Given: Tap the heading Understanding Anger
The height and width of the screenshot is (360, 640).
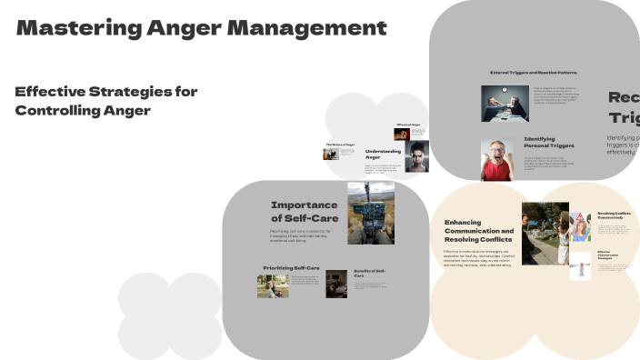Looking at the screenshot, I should [x=383, y=155].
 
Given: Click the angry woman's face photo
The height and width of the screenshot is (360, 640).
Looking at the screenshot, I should [x=417, y=156].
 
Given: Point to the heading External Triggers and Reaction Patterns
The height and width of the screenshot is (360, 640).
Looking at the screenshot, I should [x=533, y=72].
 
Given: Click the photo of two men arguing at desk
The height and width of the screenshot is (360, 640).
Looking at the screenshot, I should [x=505, y=103].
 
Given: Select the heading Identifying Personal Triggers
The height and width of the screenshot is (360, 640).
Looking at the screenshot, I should [x=549, y=143].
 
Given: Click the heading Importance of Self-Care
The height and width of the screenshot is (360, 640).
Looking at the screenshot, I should [x=304, y=211].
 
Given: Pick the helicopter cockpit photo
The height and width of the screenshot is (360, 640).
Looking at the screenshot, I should [x=370, y=212].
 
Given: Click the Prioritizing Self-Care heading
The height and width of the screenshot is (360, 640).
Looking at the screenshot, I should [x=291, y=269].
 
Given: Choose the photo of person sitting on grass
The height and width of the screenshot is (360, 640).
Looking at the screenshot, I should [x=273, y=286].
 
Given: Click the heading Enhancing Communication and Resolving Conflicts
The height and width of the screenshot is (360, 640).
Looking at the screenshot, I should [x=479, y=232].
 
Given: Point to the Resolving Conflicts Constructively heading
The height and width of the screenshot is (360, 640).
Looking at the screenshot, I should [x=614, y=216].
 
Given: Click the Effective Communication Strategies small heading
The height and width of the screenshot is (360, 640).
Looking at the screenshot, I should [x=609, y=256].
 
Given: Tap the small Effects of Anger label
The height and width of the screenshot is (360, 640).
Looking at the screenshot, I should [x=408, y=125].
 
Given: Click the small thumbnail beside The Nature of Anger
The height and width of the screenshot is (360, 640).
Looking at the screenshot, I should [x=331, y=154].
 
